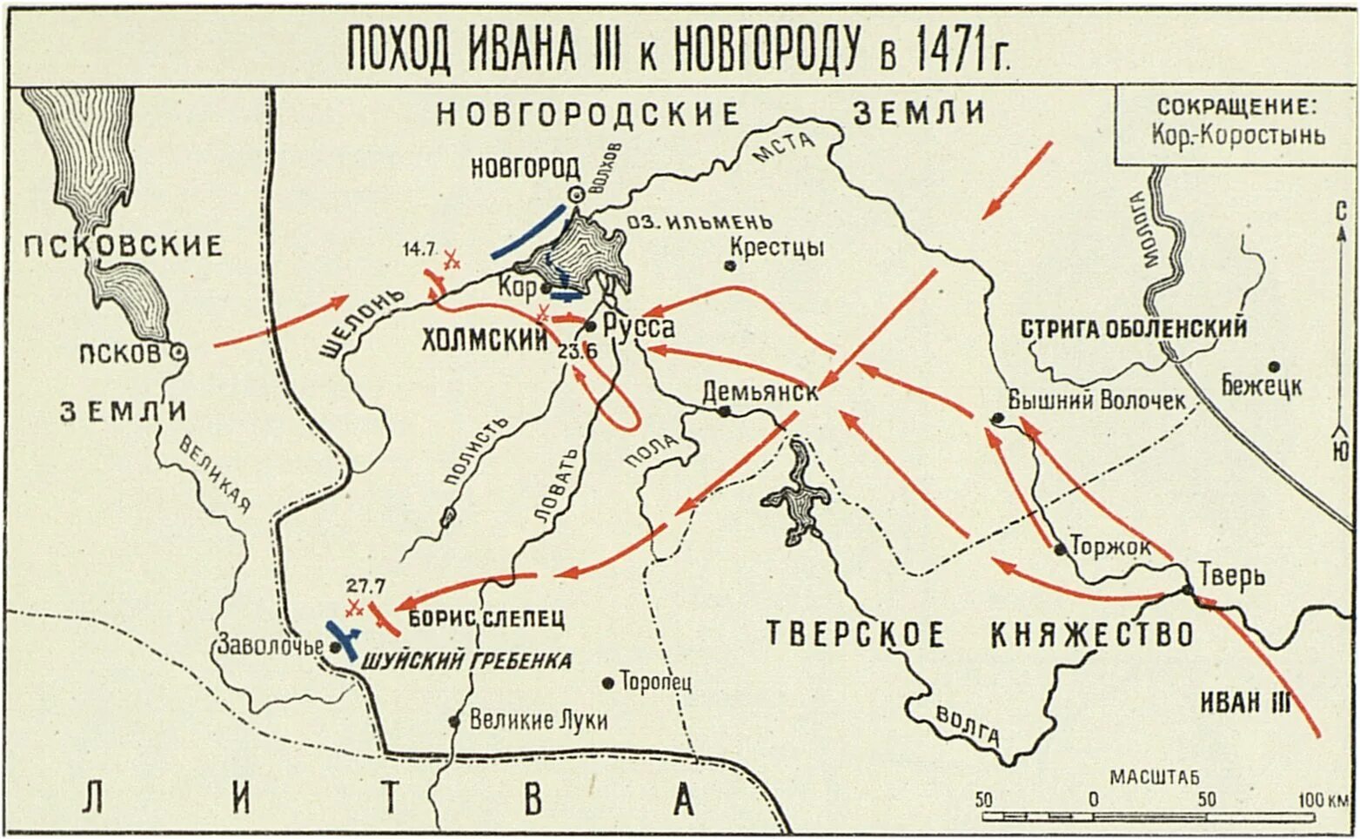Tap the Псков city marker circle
178,352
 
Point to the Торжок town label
1110,547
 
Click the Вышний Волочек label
1096,400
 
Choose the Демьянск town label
760,392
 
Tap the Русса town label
639,327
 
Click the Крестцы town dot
731,265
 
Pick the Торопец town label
654,681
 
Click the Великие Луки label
538,721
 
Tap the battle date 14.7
419,250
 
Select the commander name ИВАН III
1245,702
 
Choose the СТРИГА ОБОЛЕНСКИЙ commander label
1133,329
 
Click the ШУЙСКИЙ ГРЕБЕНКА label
466,661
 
